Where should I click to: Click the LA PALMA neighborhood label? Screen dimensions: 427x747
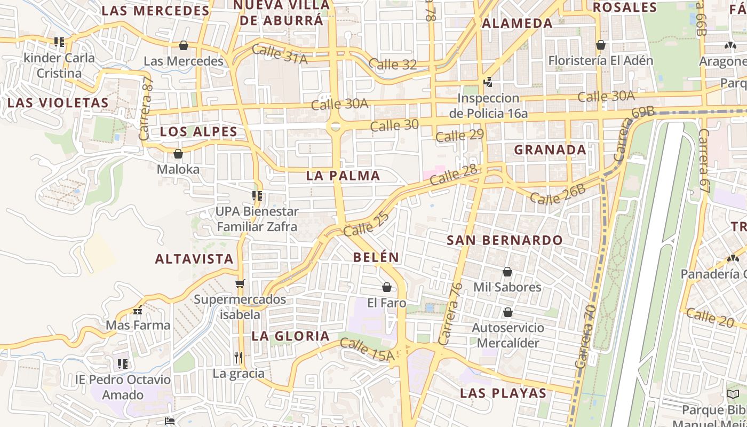[x=343, y=176]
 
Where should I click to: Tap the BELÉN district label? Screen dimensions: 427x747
[x=376, y=257]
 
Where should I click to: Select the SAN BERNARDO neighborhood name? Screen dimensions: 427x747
[x=504, y=240]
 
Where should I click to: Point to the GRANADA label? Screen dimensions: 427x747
[x=550, y=150]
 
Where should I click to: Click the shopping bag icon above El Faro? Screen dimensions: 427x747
[x=387, y=288]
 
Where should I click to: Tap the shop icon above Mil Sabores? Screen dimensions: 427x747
[x=507, y=272]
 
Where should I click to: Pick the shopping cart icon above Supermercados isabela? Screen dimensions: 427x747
[x=240, y=283]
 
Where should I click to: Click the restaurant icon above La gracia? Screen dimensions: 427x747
[x=239, y=357]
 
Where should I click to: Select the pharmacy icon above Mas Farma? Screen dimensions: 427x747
[x=138, y=310]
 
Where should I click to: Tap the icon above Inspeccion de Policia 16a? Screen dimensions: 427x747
[x=488, y=82]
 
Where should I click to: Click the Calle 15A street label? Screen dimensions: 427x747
[x=367, y=349]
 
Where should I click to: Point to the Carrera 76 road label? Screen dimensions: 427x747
[x=450, y=314]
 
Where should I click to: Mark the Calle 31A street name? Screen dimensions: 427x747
[x=280, y=54]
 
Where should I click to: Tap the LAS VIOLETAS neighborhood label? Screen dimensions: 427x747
[x=58, y=102]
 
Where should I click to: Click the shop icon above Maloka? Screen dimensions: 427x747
[x=178, y=154]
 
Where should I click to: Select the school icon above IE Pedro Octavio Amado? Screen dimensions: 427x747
[x=123, y=364]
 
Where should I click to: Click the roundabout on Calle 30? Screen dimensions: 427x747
[x=335, y=126]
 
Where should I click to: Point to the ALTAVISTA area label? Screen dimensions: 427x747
[x=194, y=259]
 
